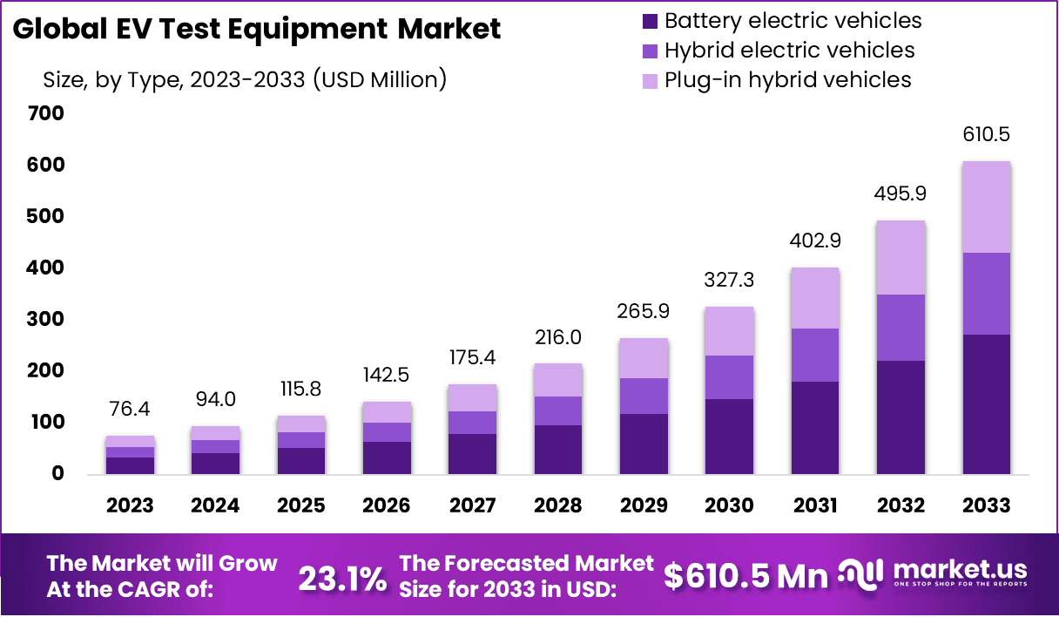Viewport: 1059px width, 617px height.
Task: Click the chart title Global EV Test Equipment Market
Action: (257, 30)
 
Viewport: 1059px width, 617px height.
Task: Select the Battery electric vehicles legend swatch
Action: (650, 21)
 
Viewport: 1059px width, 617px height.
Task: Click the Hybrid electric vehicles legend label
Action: (789, 51)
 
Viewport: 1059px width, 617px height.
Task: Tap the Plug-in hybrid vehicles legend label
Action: (787, 80)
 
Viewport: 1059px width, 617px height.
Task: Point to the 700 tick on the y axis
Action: (46, 113)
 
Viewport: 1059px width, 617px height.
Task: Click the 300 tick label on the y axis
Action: (46, 320)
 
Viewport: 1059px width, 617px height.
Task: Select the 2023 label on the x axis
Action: (130, 506)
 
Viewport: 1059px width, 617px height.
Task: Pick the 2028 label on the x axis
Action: (558, 506)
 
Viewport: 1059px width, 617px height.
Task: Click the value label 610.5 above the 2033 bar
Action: (986, 135)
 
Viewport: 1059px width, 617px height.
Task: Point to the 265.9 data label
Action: (644, 311)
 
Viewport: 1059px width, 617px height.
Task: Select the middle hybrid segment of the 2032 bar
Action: (900, 328)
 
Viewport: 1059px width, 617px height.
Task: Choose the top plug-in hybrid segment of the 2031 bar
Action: (815, 298)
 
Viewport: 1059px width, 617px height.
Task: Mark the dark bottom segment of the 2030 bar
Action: (730, 436)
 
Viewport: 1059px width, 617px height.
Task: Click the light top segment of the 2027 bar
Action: (473, 398)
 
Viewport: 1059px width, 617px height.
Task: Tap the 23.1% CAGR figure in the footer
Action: (342, 577)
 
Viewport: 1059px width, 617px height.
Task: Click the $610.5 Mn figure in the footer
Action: (745, 576)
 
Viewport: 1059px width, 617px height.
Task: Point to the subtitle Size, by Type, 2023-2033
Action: (245, 80)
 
